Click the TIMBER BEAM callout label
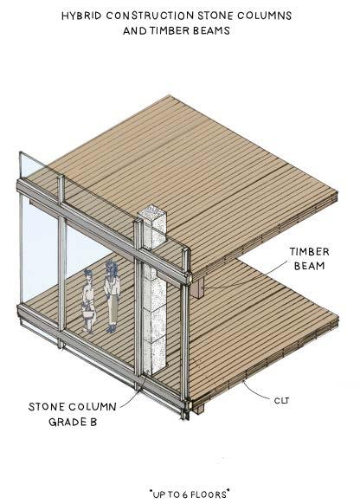pos(309,258)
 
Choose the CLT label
pos(281,401)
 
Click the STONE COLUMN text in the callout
pos(72,407)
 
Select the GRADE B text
pos(73,422)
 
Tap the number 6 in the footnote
pos(184,494)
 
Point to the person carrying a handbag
pos(88,300)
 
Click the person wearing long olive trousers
pos(112,295)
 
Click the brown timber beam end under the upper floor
pos(196,288)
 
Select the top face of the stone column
pos(151,213)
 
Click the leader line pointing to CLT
pos(256,390)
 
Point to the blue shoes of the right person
pos(111,328)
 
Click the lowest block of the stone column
pos(155,356)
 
